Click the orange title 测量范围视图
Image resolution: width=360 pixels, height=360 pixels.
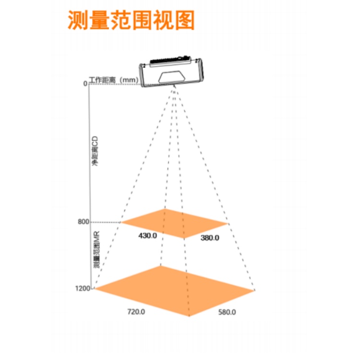(x=131, y=20)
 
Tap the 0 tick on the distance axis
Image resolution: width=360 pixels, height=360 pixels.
(x=85, y=84)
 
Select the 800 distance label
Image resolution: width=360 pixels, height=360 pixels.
(x=84, y=222)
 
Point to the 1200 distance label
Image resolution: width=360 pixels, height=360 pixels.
(x=83, y=288)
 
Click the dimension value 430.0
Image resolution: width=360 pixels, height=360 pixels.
(x=148, y=236)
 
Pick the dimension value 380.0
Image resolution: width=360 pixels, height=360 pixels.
(x=210, y=238)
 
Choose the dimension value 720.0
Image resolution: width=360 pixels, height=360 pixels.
(x=136, y=312)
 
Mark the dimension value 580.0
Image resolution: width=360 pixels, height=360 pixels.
(x=227, y=312)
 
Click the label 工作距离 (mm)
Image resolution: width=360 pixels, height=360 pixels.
(x=114, y=80)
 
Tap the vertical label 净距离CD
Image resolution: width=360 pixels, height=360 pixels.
(x=95, y=151)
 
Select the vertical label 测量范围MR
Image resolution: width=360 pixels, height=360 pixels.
(x=96, y=250)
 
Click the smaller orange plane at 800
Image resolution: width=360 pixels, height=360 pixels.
(x=175, y=223)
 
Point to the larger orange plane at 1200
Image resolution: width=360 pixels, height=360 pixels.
(x=175, y=291)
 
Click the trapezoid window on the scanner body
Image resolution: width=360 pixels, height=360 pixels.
(x=172, y=77)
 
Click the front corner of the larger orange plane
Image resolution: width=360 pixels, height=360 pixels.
(x=189, y=316)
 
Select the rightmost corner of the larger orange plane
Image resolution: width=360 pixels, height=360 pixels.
(x=254, y=290)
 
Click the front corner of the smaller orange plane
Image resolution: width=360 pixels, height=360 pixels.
(x=184, y=238)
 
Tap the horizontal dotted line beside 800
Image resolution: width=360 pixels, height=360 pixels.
(x=105, y=222)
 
